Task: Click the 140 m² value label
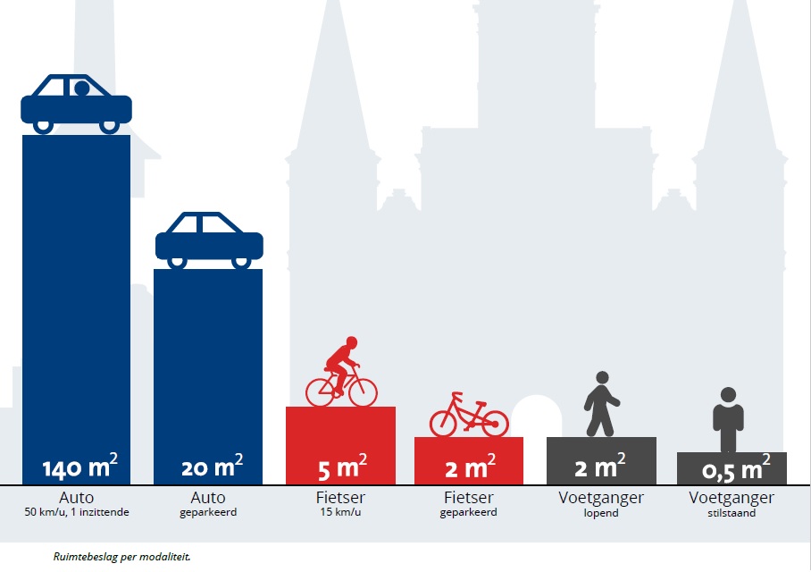point(79,467)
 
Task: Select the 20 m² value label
point(212,467)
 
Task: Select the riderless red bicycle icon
point(469,416)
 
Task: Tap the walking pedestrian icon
point(600,404)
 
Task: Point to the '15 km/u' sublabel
point(341,513)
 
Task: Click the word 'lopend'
point(600,513)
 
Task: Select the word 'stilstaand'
point(732,513)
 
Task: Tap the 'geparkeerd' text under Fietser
point(468,513)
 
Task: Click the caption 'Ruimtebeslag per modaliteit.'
point(121,556)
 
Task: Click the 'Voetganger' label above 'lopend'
point(600,498)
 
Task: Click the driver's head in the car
point(81,88)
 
